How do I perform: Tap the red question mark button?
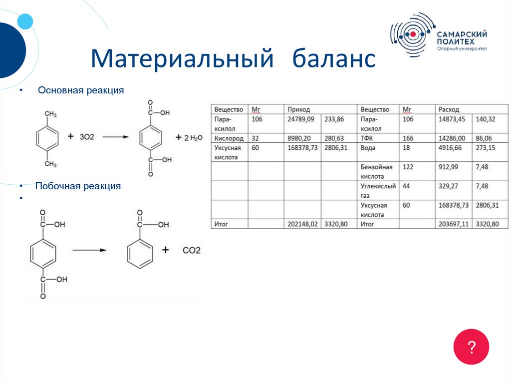click(471, 347)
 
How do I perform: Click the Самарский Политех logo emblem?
click(412, 34)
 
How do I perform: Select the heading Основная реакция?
click(81, 91)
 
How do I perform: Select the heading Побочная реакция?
click(78, 186)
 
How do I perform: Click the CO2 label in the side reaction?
click(191, 250)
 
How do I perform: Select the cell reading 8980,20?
click(299, 138)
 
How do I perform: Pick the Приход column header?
click(298, 109)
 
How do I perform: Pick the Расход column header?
click(449, 109)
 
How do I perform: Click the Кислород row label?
click(229, 138)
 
